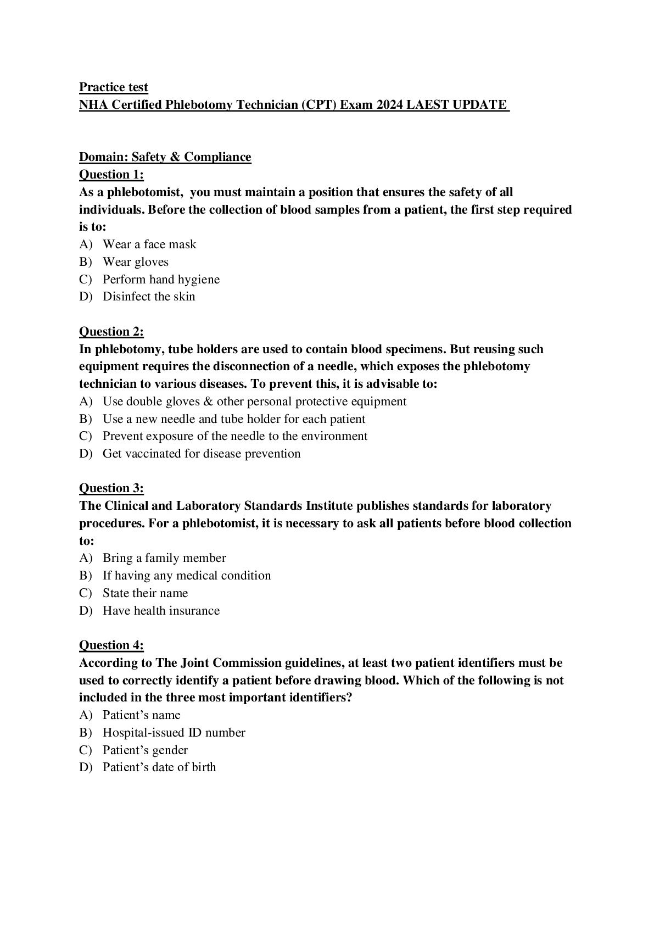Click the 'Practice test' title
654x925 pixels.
tap(114, 87)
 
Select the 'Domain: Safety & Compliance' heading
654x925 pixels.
tap(165, 157)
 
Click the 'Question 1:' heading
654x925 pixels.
tap(111, 175)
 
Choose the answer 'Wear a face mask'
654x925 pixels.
tap(149, 244)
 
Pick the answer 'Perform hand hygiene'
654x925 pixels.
tap(161, 280)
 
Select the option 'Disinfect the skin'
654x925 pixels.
tap(149, 297)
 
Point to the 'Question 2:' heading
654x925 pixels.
tap(111, 332)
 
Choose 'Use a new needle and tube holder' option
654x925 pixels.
tap(233, 419)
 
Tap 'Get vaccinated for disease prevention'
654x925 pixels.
tap(202, 454)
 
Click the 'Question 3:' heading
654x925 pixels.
tap(111, 488)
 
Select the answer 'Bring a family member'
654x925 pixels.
tap(164, 558)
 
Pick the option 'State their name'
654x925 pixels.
tap(145, 593)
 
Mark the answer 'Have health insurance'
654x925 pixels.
tap(161, 611)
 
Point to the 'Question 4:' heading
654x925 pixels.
tap(111, 645)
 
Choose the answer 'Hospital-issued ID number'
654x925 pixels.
tap(174, 733)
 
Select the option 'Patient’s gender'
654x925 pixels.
tap(145, 750)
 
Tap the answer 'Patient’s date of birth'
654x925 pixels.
tap(159, 767)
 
